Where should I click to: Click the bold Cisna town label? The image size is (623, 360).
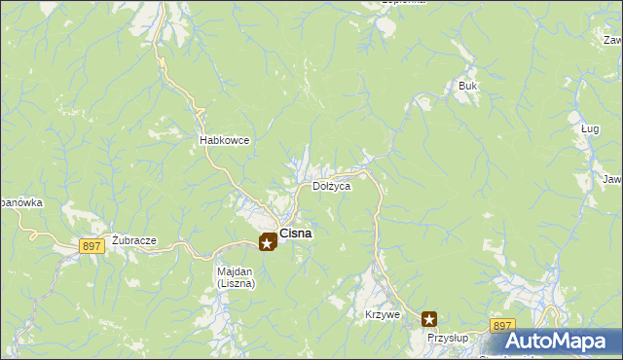click(296, 234)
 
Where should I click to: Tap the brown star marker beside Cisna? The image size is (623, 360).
click(267, 242)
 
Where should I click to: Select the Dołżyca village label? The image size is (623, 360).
click(330, 186)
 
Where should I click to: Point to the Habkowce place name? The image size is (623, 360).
click(224, 140)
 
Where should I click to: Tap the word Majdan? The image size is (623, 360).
click(235, 272)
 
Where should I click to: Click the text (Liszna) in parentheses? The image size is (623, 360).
click(235, 284)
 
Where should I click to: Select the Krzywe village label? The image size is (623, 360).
click(383, 315)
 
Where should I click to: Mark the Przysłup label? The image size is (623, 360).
click(449, 337)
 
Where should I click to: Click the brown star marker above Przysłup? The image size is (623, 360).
click(429, 318)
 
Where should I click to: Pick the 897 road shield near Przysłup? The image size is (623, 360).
click(502, 325)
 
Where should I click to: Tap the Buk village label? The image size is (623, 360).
click(468, 86)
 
